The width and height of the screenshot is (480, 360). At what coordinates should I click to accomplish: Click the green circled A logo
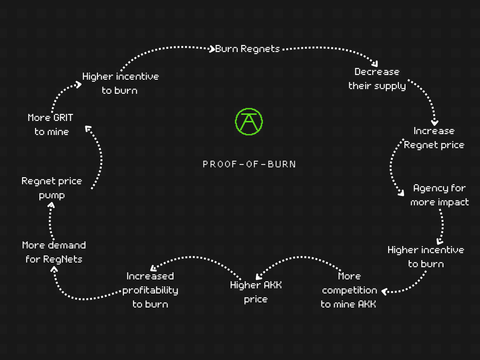click(x=249, y=121)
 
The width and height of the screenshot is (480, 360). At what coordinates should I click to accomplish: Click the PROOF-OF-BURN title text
click(x=249, y=165)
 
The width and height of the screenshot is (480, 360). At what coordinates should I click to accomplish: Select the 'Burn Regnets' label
click(x=247, y=49)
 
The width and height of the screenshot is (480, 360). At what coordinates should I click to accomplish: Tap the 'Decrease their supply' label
click(x=377, y=79)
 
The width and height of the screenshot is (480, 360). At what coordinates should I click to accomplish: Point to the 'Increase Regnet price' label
click(x=434, y=138)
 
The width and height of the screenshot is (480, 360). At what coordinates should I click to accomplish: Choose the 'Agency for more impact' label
click(x=440, y=195)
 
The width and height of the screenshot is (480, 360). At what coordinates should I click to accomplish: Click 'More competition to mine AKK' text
click(x=349, y=290)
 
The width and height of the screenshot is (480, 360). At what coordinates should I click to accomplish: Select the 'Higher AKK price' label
click(x=256, y=292)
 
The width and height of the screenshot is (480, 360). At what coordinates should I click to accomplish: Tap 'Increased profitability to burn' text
click(x=150, y=290)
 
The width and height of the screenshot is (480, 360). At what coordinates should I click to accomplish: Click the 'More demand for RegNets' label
click(x=54, y=252)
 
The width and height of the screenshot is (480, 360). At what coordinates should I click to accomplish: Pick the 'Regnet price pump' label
click(x=52, y=188)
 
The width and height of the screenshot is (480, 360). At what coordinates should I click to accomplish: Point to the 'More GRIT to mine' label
click(x=51, y=125)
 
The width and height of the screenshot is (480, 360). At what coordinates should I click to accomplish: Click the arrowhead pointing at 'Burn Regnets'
click(x=211, y=49)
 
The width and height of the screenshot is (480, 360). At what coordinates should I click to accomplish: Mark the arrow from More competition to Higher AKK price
click(x=299, y=258)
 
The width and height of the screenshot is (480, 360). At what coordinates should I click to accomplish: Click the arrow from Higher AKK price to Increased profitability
click(x=196, y=258)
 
